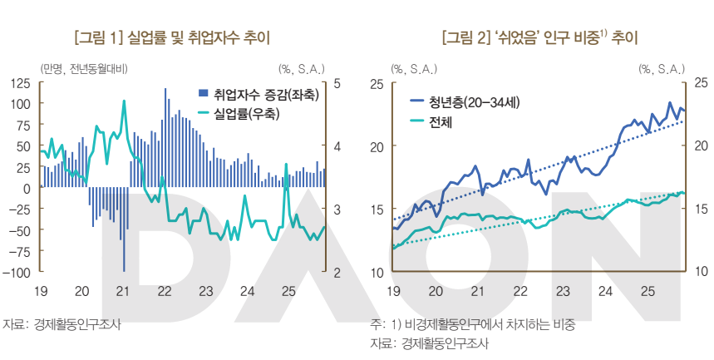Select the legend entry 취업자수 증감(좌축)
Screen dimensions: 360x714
click(x=265, y=95)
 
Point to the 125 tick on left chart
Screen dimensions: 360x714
click(x=20, y=83)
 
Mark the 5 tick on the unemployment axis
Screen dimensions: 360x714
click(x=336, y=83)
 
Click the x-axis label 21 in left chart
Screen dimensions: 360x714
click(x=122, y=292)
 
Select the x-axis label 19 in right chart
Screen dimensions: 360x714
click(x=393, y=292)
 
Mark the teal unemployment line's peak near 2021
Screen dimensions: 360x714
click(x=124, y=101)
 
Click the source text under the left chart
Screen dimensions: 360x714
click(x=62, y=324)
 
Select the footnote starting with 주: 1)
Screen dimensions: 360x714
click(x=473, y=324)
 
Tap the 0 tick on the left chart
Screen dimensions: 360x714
click(x=27, y=188)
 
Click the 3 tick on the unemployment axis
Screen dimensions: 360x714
click(x=336, y=210)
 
